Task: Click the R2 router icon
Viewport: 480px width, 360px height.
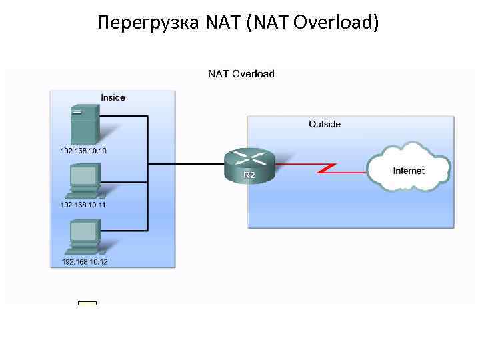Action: coord(249,164)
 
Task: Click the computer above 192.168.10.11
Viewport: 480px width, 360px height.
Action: coord(84,181)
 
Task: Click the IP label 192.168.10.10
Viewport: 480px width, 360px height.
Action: coord(84,151)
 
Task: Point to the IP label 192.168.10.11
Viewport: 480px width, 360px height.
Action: coord(84,205)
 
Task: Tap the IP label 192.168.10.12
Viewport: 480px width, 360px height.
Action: coord(85,262)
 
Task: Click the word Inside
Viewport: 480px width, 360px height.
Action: coord(113,97)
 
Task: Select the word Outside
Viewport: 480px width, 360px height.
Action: coord(325,124)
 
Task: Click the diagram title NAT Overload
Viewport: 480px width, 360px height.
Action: coord(241,73)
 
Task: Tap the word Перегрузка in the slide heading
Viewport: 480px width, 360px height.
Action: coord(140,24)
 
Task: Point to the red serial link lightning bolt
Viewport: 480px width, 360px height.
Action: coord(326,166)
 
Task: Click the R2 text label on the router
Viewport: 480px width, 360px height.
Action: coord(249,175)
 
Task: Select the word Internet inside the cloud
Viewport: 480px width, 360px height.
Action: coord(409,171)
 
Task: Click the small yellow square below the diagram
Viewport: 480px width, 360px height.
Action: coord(87,306)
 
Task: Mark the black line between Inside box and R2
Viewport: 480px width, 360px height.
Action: coord(200,162)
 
